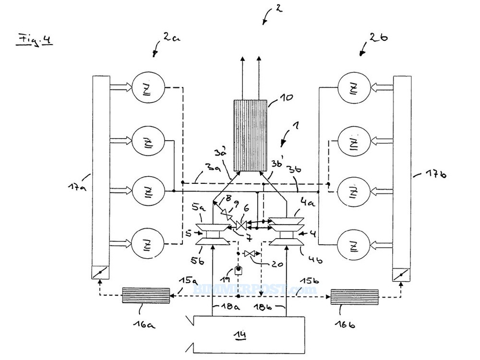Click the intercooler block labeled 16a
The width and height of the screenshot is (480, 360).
click(146, 295)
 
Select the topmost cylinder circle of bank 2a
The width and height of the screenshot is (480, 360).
click(148, 87)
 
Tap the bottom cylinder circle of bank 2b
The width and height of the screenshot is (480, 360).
click(353, 246)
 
